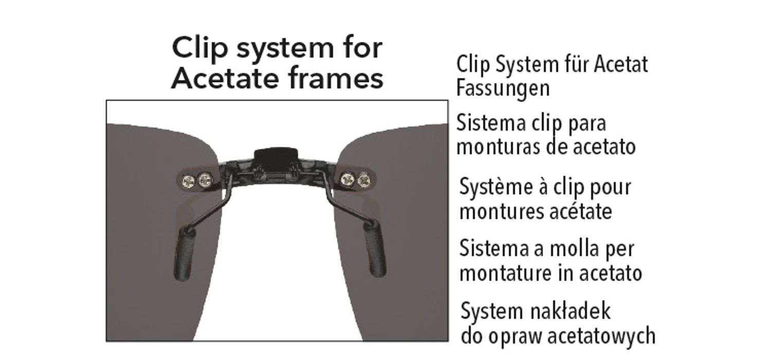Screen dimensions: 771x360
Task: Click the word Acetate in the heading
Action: (x=225, y=79)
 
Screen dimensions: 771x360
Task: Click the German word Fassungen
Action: (x=503, y=89)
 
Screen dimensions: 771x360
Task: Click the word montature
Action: (x=507, y=274)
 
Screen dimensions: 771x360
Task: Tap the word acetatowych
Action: (x=601, y=336)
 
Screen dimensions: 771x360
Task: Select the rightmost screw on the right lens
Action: (x=364, y=180)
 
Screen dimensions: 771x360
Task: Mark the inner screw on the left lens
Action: (x=205, y=179)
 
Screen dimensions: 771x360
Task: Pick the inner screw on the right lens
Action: (x=347, y=179)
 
